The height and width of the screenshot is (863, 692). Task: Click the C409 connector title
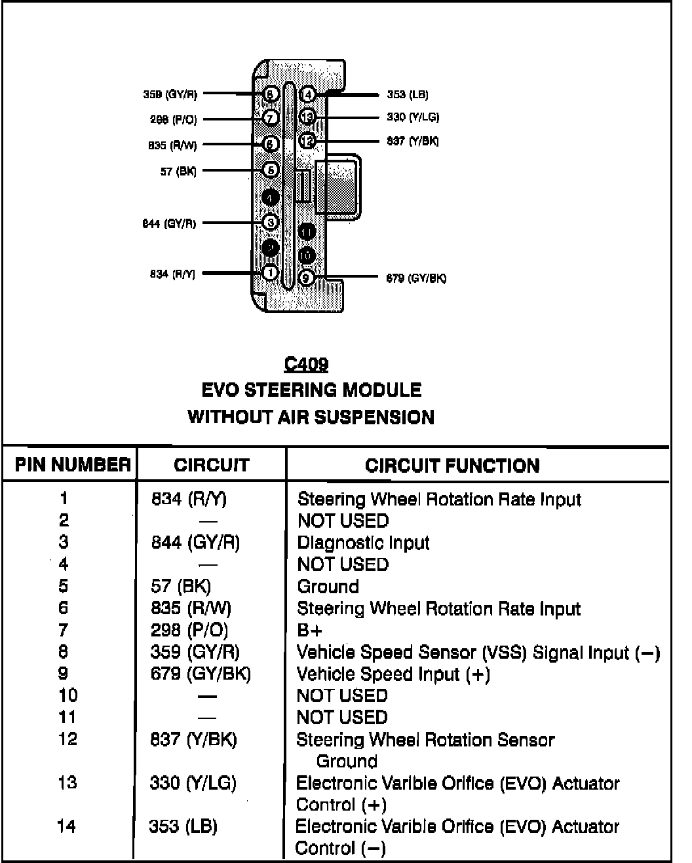click(306, 364)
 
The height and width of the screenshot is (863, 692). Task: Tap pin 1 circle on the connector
click(271, 272)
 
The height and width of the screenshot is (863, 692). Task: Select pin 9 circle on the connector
click(306, 278)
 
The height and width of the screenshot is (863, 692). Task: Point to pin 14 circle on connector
click(307, 95)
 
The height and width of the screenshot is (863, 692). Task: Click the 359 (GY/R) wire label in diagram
click(170, 94)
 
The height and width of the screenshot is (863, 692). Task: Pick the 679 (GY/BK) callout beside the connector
click(416, 278)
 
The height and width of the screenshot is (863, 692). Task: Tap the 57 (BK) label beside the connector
click(178, 172)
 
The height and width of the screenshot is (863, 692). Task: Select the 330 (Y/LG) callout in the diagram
click(413, 117)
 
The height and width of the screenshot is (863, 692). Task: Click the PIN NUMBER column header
click(72, 465)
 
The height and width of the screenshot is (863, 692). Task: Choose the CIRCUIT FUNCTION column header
click(452, 466)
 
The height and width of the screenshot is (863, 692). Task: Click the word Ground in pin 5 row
click(328, 586)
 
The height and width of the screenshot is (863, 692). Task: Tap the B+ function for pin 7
click(309, 630)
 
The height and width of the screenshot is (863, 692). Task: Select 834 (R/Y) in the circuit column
click(189, 499)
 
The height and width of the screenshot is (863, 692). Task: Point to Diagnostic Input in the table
click(363, 543)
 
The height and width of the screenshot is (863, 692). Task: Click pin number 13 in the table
click(67, 782)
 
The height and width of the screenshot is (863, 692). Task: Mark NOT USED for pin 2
click(343, 521)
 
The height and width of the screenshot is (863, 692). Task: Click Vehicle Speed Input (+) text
click(393, 674)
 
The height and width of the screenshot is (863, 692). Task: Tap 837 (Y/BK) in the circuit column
click(193, 739)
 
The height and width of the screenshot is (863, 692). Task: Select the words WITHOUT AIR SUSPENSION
click(311, 417)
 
